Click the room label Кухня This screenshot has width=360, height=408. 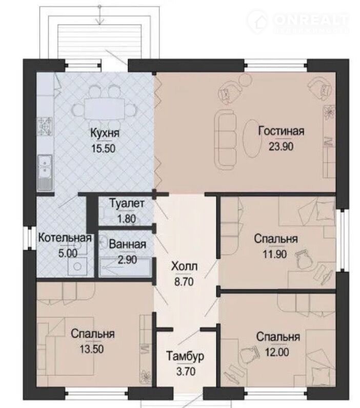click(x=105, y=133)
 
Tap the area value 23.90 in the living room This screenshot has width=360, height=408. click(x=281, y=146)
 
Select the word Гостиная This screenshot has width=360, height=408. click(x=281, y=131)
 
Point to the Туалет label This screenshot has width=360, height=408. click(x=127, y=203)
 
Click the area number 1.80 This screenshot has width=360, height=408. click(x=127, y=218)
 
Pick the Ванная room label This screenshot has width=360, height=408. click(x=127, y=244)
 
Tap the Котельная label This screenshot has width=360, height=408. click(x=65, y=238)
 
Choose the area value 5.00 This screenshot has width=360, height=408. click(x=68, y=253)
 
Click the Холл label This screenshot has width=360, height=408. click(x=184, y=266)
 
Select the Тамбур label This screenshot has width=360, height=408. click(x=185, y=356)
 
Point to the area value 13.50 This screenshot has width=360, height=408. click(x=91, y=349)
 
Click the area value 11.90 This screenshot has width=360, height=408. click(x=275, y=254)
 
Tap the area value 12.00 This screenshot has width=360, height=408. click(x=277, y=352)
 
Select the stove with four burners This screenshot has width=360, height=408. click(x=45, y=127)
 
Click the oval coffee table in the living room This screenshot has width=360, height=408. click(x=252, y=139)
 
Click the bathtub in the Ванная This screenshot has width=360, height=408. click(x=125, y=267)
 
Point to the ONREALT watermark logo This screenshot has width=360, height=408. click(x=298, y=22)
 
